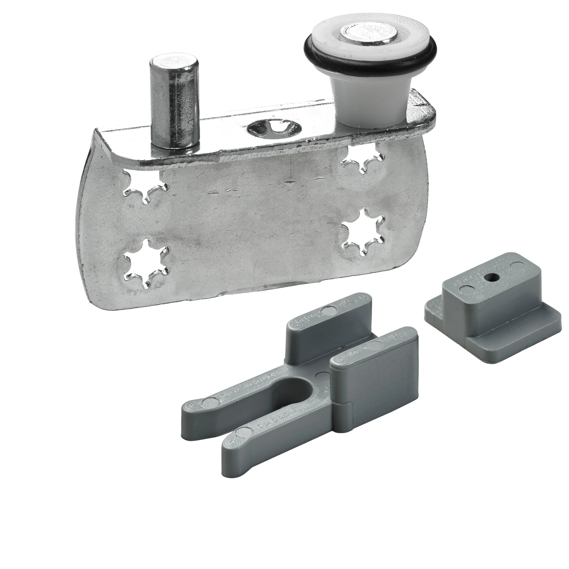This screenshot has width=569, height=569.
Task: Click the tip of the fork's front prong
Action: [x=233, y=442]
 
